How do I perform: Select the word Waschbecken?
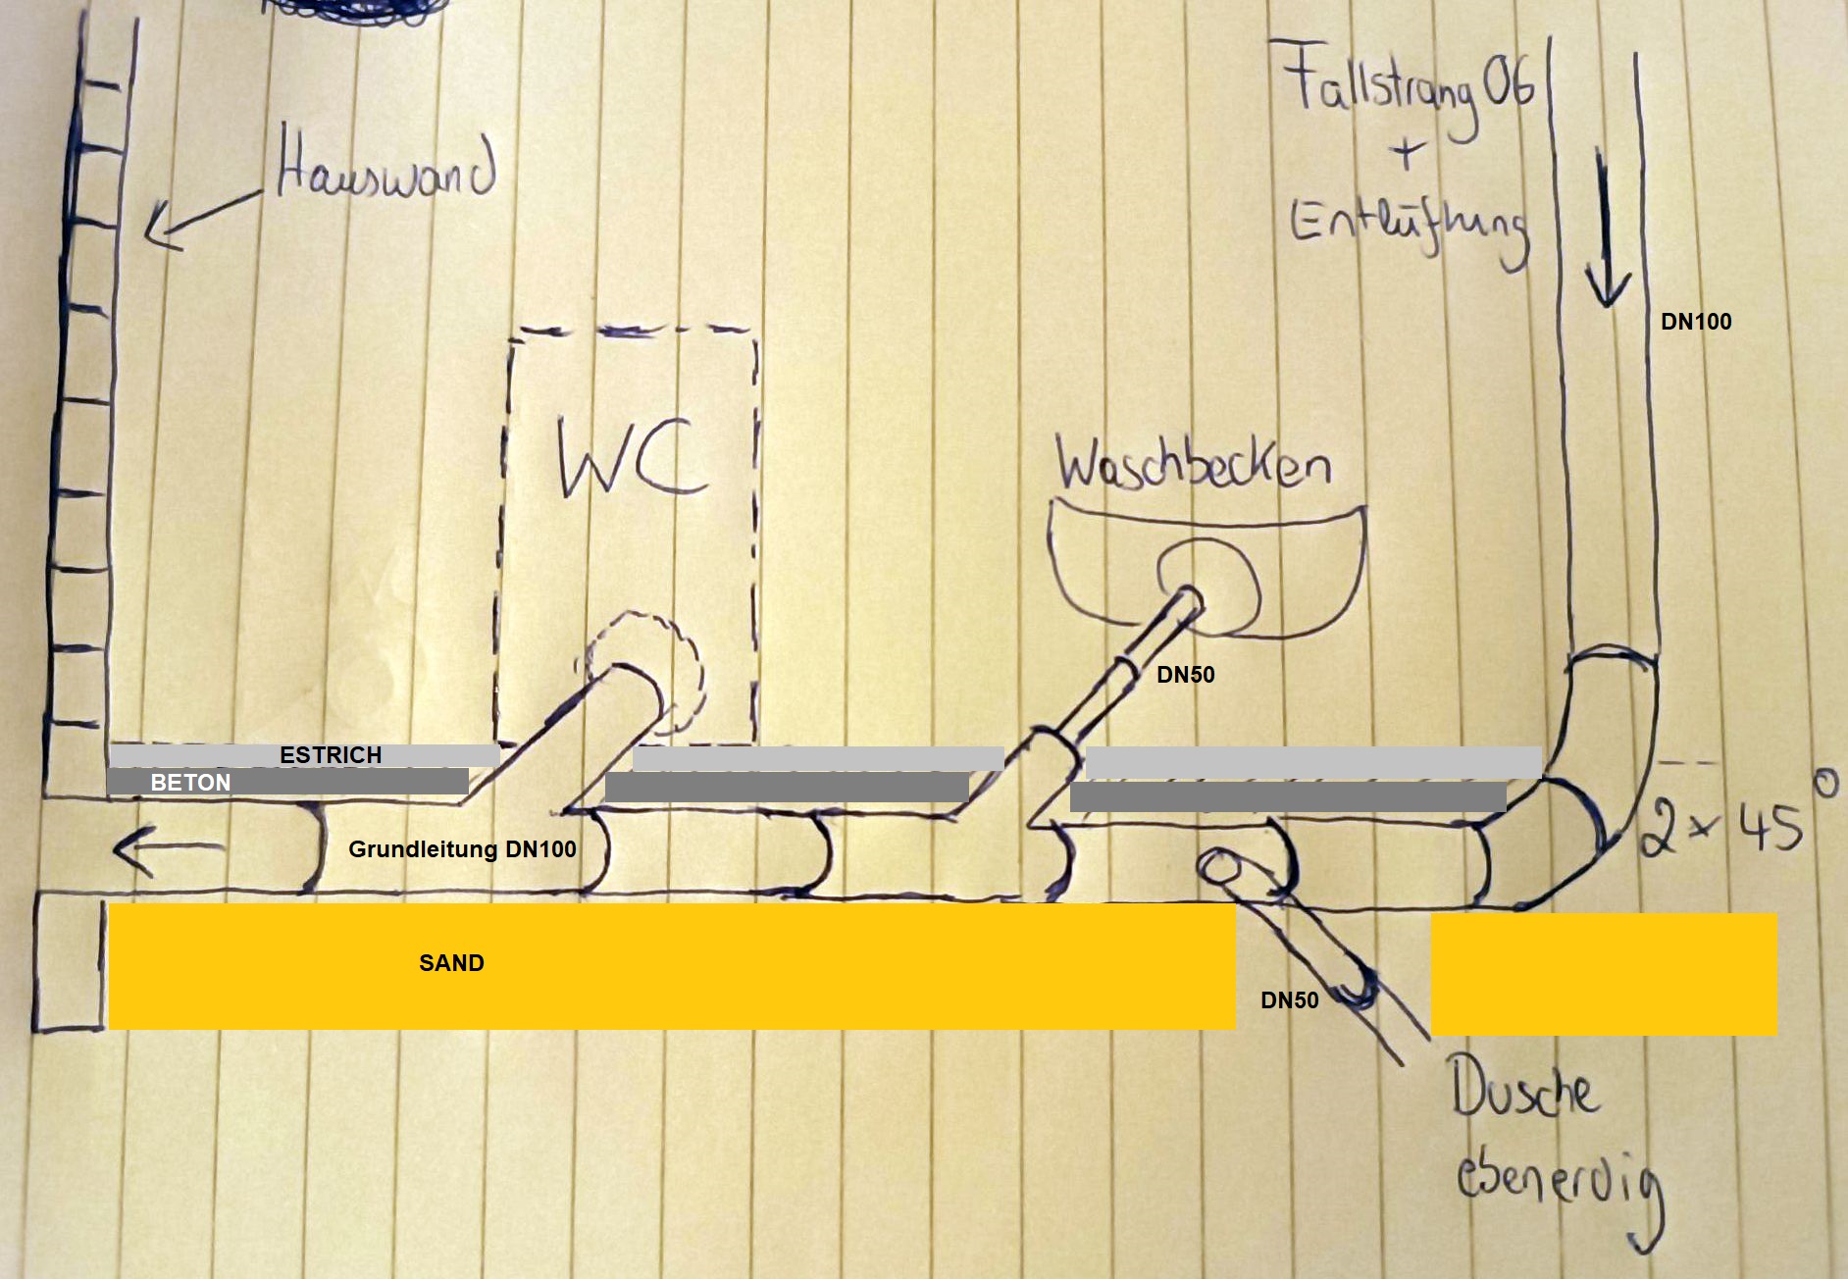click(1193, 464)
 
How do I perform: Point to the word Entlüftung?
click(1409, 229)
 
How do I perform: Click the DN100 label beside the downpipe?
click(1696, 322)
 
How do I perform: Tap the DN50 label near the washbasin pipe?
click(1186, 675)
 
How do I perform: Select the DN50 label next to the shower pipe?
click(1289, 1000)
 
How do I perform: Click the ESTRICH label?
click(331, 755)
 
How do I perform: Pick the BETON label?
click(190, 783)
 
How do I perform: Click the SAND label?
click(451, 963)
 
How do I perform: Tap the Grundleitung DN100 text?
click(462, 849)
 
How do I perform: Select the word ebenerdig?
click(1560, 1182)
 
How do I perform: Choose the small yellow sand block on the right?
click(1604, 974)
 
